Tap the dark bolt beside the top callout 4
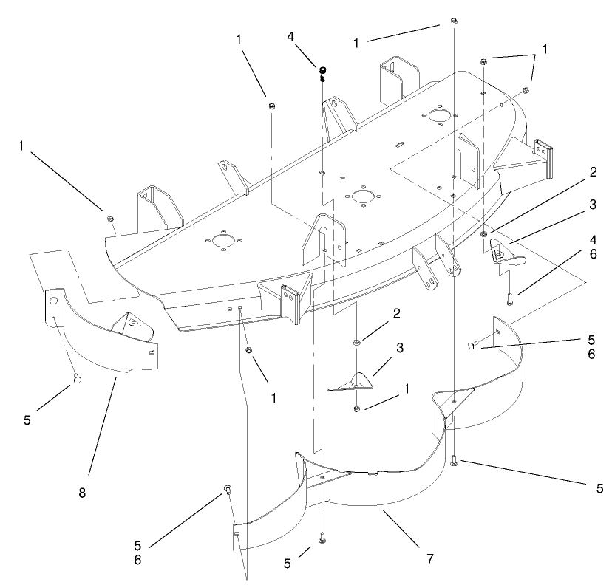coord(322,73)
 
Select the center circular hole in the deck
coord(362,196)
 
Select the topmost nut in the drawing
coord(452,21)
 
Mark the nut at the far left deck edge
coord(109,219)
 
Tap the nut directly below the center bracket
coord(357,408)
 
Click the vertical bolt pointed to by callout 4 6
coord(510,299)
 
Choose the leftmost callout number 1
coord(23,146)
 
